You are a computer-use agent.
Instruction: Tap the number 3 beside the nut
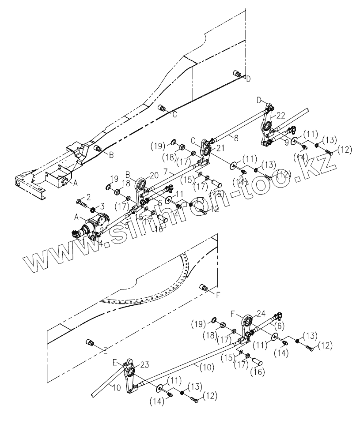(x=102, y=206)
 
